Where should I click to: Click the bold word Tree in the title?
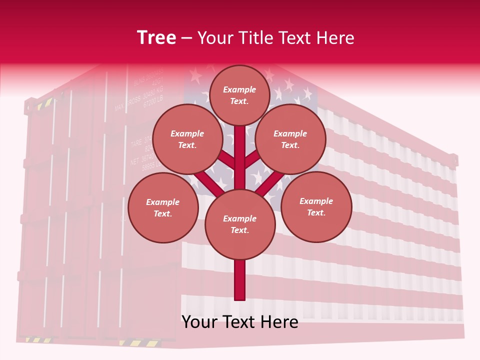(156, 37)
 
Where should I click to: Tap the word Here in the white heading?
(335, 37)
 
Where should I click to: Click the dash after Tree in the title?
(186, 38)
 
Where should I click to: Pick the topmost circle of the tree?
(239, 95)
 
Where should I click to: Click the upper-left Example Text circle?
(187, 139)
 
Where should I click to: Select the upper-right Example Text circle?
(290, 139)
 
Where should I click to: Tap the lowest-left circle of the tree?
(163, 207)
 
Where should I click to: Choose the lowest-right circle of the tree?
(316, 206)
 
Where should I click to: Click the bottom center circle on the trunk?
(240, 224)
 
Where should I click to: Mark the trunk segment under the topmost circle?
(240, 150)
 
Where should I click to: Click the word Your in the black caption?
(199, 322)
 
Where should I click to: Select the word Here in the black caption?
(280, 322)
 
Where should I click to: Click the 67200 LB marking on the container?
(153, 101)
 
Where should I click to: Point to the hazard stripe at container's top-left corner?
(44, 103)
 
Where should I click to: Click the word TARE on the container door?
(136, 144)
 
